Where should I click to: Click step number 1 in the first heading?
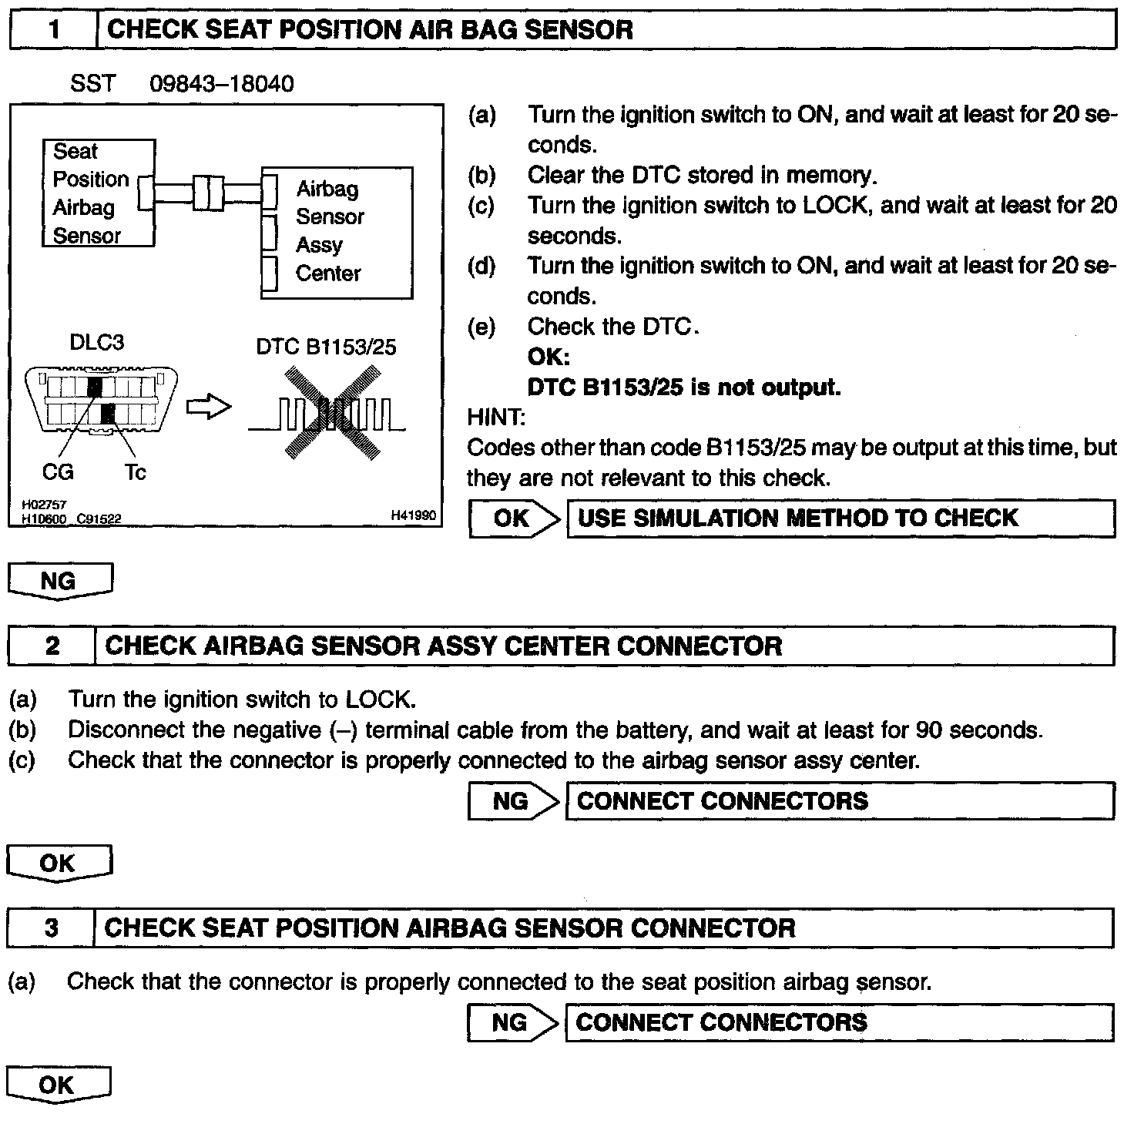point(53,30)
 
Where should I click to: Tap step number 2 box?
point(52,646)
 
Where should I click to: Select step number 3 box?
point(51,928)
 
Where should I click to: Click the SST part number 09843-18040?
point(221,83)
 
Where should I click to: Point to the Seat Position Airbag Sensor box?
point(98,193)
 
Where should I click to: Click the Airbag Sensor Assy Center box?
point(337,232)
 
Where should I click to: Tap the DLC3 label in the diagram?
point(96,342)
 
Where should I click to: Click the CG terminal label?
point(58,471)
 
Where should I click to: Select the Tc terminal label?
point(135,471)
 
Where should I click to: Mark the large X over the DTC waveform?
point(331,414)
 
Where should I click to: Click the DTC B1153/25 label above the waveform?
point(326,347)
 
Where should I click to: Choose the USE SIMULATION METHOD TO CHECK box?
point(840,518)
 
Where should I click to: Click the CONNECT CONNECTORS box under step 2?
point(840,801)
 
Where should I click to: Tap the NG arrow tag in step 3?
point(512,1022)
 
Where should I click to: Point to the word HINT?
point(496,418)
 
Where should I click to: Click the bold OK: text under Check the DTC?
point(549,357)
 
